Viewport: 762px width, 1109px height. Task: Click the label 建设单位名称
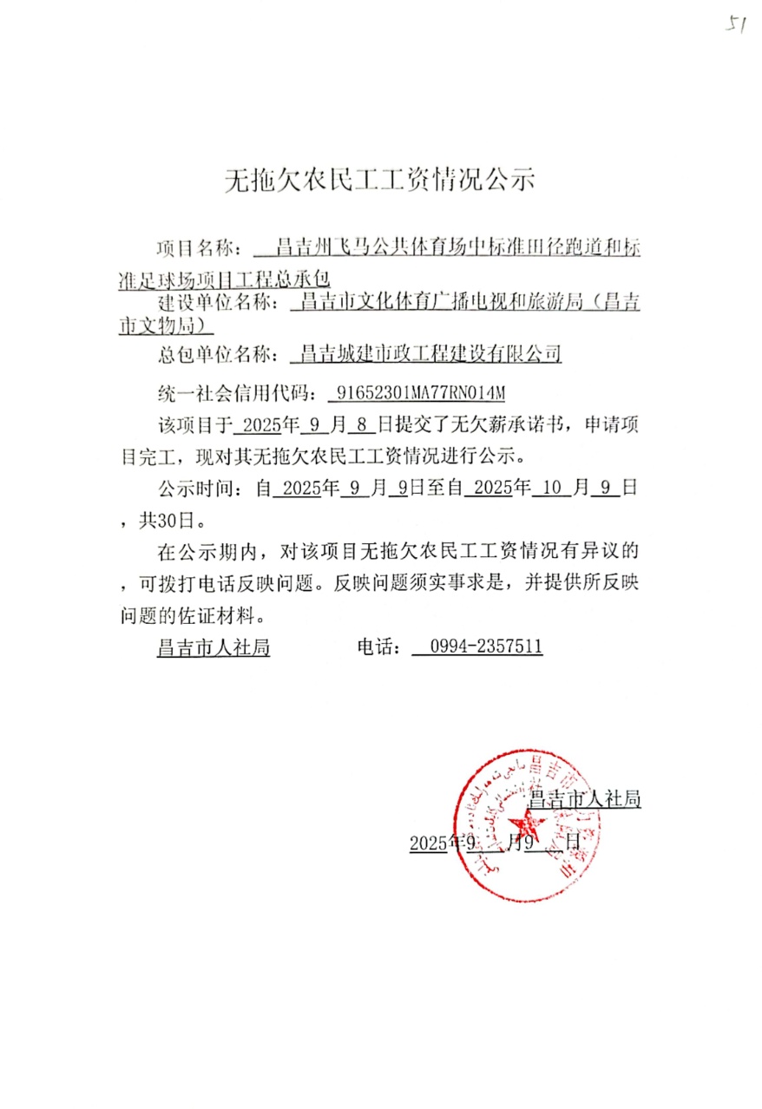pyautogui.click(x=218, y=303)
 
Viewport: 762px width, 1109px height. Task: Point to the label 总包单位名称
pyautogui.click(x=218, y=354)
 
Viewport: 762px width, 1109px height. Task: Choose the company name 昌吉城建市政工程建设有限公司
pyautogui.click(x=430, y=354)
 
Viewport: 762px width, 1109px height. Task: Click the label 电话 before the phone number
pyautogui.click(x=378, y=647)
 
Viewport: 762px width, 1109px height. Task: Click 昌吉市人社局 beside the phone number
pyautogui.click(x=213, y=647)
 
